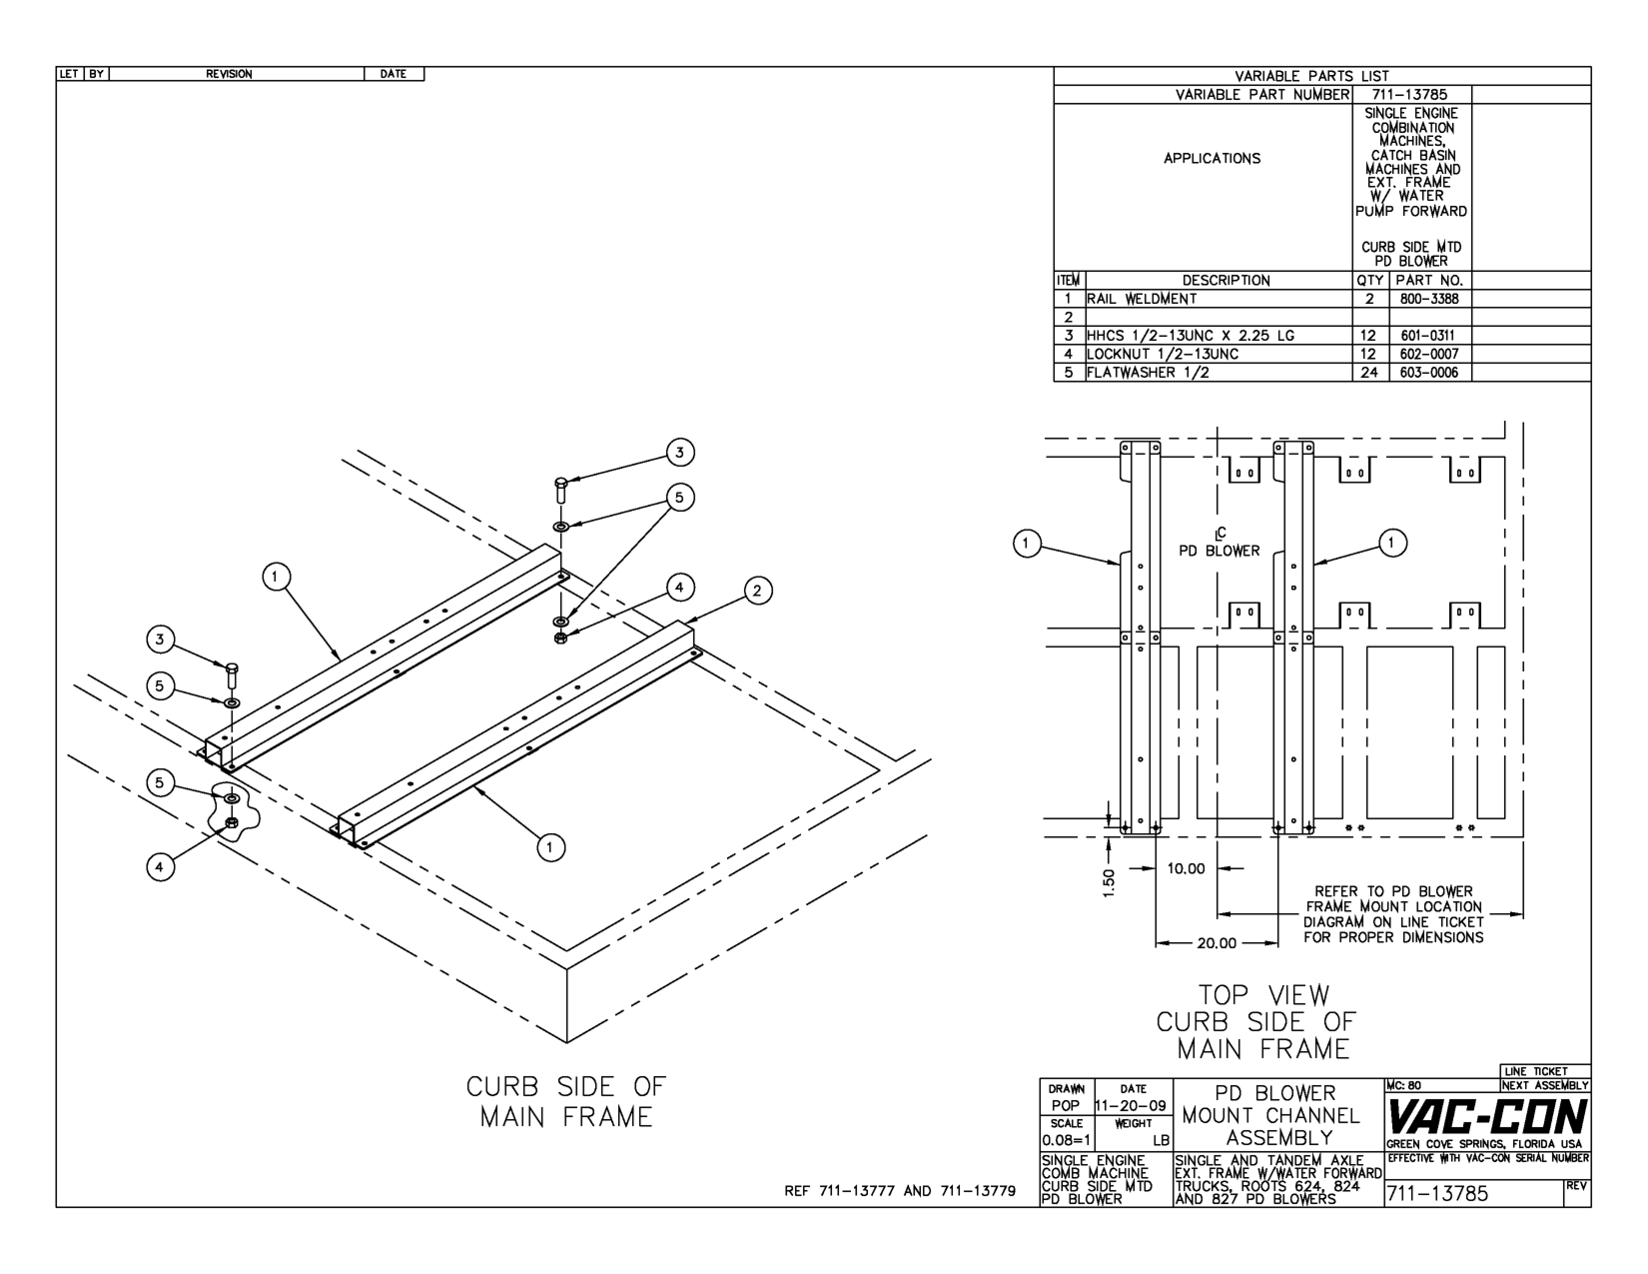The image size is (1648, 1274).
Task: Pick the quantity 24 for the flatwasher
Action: (1369, 373)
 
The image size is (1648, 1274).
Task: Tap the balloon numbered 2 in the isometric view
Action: (756, 592)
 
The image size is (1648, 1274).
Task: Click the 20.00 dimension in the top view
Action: (1217, 942)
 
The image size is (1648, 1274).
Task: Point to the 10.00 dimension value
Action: (1186, 868)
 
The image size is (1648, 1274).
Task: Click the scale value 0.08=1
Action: (1065, 1140)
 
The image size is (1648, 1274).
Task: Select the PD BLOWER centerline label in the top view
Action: (1220, 550)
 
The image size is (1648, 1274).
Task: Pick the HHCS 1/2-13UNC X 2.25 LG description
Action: (1191, 336)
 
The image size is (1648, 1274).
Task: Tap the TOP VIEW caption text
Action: (1264, 995)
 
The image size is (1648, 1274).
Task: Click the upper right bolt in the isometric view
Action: (560, 489)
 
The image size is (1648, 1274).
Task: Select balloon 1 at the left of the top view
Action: (1024, 543)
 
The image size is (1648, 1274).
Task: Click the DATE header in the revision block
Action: (394, 74)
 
